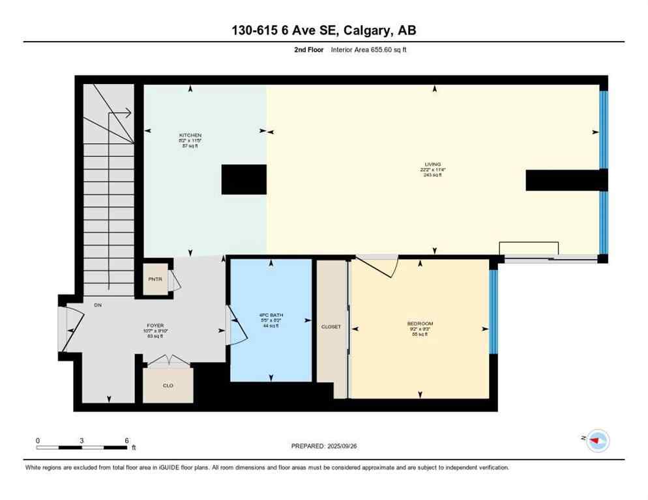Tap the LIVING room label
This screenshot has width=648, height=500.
432,164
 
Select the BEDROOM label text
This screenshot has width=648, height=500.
420,324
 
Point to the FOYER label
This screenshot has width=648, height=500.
155,325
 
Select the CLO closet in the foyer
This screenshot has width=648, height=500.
168,385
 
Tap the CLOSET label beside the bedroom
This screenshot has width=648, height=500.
331,327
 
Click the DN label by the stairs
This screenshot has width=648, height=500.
98,305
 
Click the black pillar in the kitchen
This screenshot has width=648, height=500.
244,179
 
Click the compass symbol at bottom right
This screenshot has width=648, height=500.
597,441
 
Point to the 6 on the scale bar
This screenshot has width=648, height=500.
126,441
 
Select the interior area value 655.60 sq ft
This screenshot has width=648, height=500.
389,49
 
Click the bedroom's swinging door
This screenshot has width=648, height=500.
375,266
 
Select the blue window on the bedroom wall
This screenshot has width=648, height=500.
493,311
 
